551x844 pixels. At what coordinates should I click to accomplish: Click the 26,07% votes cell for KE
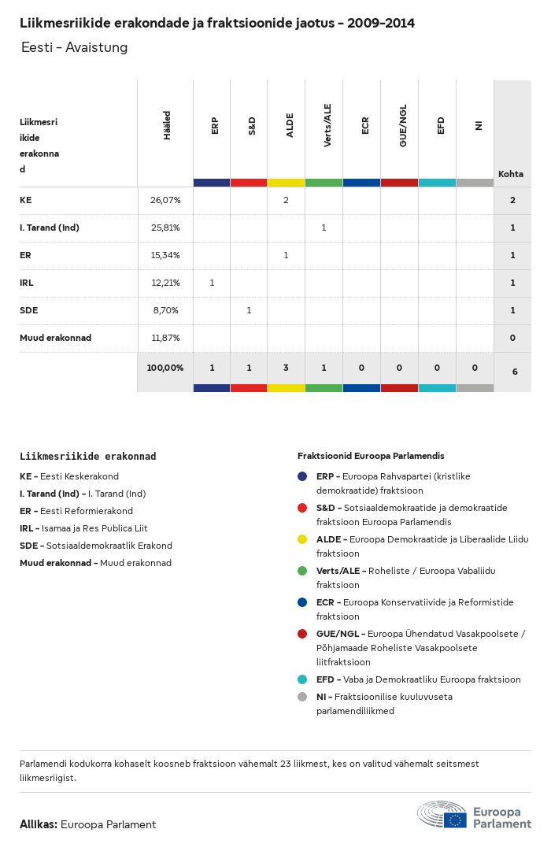[x=165, y=200]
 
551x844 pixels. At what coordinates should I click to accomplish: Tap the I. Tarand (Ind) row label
[x=50, y=228]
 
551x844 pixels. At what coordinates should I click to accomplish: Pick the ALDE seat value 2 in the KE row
[x=286, y=200]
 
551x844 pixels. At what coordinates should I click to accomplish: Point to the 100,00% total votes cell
[x=165, y=368]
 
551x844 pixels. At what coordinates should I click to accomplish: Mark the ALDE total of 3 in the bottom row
[x=286, y=368]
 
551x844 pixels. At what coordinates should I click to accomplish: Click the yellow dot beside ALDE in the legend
[x=302, y=539]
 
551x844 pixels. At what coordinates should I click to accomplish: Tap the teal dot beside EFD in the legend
[x=302, y=679]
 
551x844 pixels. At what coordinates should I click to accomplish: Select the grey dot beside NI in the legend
[x=302, y=697]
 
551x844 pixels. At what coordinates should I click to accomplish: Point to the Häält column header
[x=167, y=126]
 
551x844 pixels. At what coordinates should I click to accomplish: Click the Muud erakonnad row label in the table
[x=55, y=338]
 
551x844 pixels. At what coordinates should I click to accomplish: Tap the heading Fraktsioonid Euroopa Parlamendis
[x=371, y=456]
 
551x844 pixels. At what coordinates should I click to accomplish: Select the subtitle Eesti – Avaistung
[x=75, y=48]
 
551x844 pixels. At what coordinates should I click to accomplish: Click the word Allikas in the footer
[x=38, y=824]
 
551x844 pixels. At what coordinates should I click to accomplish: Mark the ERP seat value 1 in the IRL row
[x=212, y=283]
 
